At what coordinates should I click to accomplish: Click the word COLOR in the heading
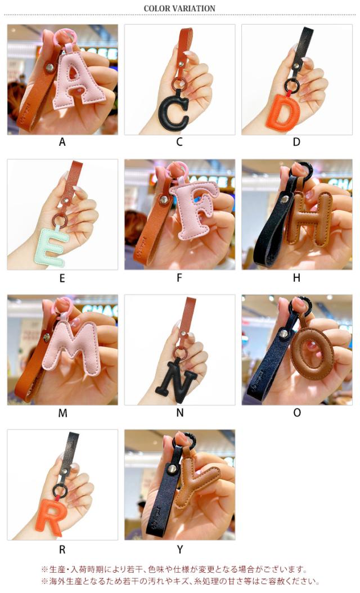click(x=156, y=8)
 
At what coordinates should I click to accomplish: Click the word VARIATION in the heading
click(x=193, y=8)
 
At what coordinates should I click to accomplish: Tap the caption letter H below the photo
click(x=296, y=277)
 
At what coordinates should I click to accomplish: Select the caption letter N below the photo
click(x=180, y=413)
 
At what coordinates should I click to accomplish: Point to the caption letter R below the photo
click(x=62, y=550)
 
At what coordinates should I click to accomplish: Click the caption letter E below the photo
click(x=62, y=278)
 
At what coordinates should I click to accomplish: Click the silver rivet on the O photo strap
click(x=283, y=334)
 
